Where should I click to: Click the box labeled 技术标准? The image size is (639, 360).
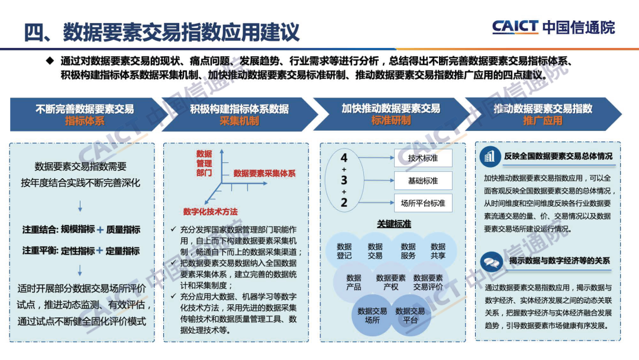click(x=423, y=158)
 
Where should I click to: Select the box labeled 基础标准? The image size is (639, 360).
click(x=423, y=181)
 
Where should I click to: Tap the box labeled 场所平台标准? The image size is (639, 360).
click(x=423, y=203)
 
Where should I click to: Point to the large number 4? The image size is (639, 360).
click(x=344, y=158)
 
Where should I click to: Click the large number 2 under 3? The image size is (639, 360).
click(x=344, y=202)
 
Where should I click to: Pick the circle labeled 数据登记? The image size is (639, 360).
click(x=344, y=251)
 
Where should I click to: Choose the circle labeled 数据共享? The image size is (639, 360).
click(x=438, y=251)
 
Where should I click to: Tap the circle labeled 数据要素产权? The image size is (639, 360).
click(x=391, y=282)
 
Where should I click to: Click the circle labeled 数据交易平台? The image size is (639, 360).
click(x=410, y=315)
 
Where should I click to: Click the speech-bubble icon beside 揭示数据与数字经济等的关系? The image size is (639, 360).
click(x=490, y=261)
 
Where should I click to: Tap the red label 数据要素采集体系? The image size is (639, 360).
click(x=264, y=173)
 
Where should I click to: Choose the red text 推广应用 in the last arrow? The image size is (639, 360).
click(x=543, y=121)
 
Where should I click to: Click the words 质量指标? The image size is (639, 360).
click(x=123, y=229)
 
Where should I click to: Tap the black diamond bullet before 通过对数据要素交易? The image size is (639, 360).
click(x=50, y=60)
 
